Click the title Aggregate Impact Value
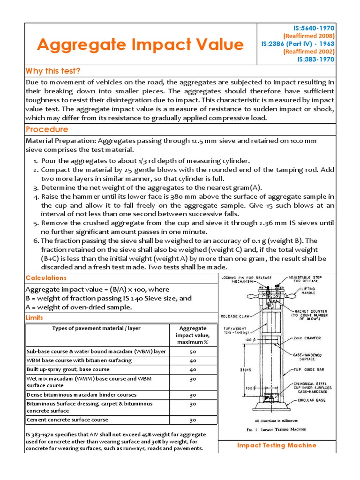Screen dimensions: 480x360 click(x=140, y=45)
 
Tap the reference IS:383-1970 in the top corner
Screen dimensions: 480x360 click(x=316, y=60)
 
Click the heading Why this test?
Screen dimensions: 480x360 click(x=53, y=71)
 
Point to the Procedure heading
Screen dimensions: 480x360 click(x=47, y=129)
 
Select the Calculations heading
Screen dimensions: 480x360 click(x=46, y=278)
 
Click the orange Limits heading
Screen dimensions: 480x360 click(x=34, y=317)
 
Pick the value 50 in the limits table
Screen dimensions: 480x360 click(x=193, y=352)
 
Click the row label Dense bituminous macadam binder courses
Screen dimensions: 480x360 click(x=82, y=395)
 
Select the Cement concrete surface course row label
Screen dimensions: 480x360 click(x=67, y=420)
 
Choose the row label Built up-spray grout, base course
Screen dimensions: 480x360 click(x=68, y=369)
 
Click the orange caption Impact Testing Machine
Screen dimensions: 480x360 click(x=277, y=445)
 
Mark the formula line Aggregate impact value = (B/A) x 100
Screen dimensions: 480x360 click(x=97, y=289)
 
